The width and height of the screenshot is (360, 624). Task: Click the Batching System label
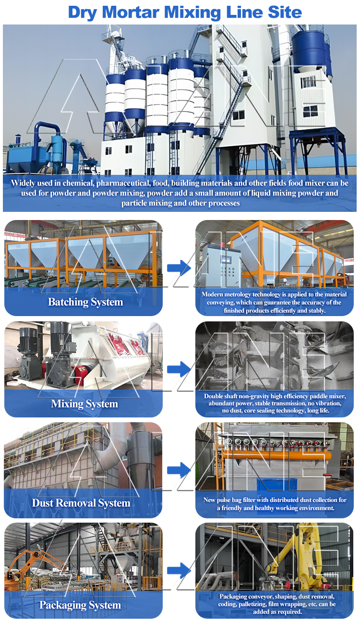tap(85, 302)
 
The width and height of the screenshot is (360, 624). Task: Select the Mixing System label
tap(84, 404)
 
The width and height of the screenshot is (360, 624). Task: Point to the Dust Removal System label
tap(81, 503)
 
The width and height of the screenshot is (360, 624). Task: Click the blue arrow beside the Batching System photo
tap(179, 268)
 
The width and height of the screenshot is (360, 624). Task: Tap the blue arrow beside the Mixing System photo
tap(179, 369)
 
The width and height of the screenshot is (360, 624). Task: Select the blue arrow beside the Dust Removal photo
tap(179, 470)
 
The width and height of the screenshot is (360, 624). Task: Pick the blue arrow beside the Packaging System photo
tap(179, 571)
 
